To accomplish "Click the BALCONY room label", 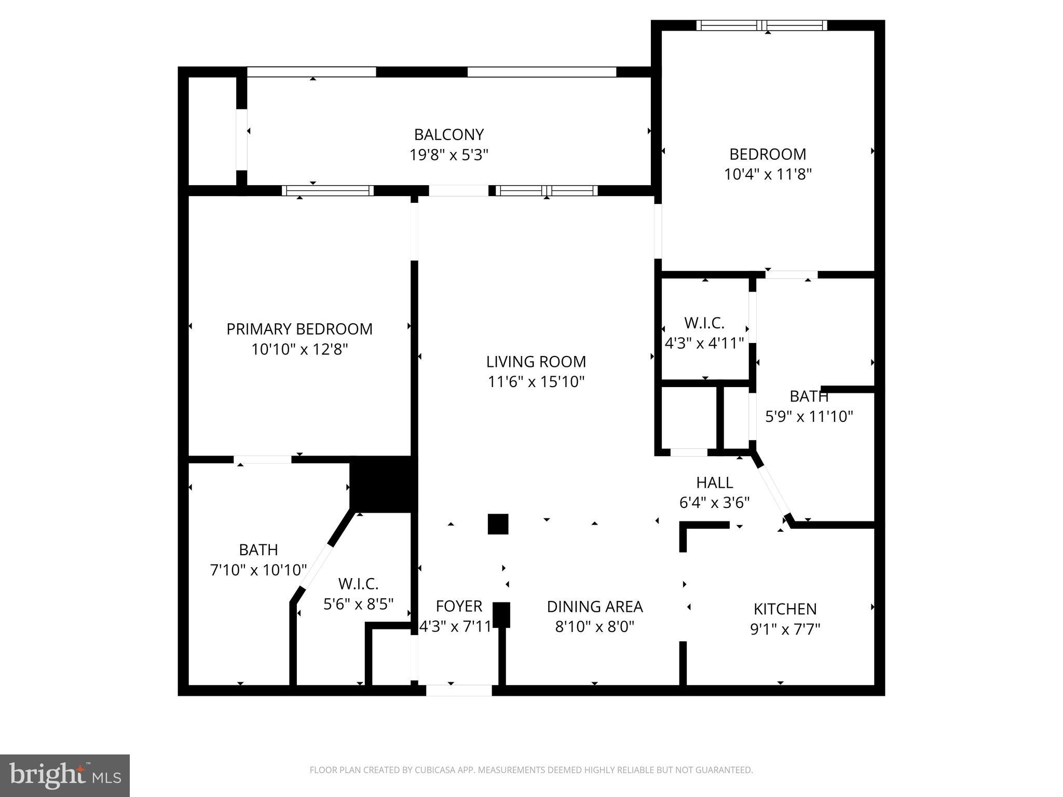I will (x=449, y=135).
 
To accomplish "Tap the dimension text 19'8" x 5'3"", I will (x=449, y=155).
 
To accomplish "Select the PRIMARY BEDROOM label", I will (x=299, y=329).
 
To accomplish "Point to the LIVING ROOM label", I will (x=536, y=362).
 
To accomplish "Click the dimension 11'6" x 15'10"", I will (x=536, y=382).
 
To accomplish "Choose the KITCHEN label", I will (x=785, y=609).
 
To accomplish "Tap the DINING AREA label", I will (x=595, y=607).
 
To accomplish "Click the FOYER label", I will (x=459, y=606).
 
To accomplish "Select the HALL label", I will (x=714, y=483).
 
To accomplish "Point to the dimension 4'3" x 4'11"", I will (x=704, y=343).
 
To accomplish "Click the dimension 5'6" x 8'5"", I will (x=358, y=604).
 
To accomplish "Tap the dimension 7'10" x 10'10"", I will (x=258, y=570).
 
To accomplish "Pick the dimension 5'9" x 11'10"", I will (x=809, y=417).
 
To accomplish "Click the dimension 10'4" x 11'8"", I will (x=768, y=174).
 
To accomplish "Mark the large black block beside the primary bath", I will (x=383, y=484).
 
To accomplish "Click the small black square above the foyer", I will (x=498, y=524).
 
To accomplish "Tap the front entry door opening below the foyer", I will (x=459, y=691).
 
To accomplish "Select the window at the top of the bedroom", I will (x=761, y=25).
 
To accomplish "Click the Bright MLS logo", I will (x=65, y=776).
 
